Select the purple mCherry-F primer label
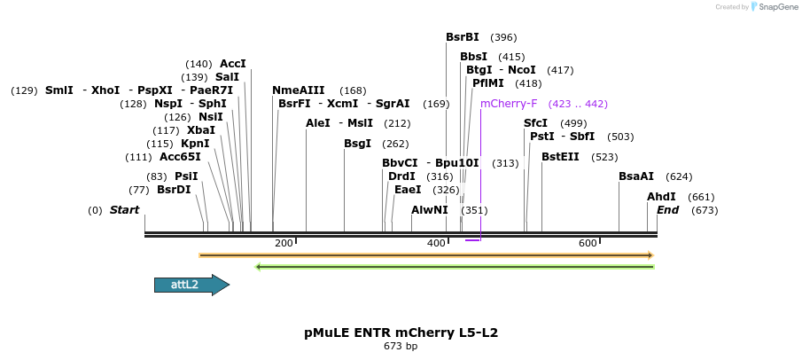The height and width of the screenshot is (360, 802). click(509, 104)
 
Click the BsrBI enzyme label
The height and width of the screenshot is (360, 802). click(462, 37)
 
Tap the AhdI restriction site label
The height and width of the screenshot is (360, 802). click(661, 197)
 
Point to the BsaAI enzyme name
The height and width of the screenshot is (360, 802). click(636, 176)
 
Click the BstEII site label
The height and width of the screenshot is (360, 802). click(560, 157)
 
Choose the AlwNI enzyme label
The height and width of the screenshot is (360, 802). click(430, 210)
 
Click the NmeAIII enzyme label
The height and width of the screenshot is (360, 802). click(299, 90)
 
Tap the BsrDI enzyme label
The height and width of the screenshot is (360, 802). click(174, 190)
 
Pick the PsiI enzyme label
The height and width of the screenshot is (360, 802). click(186, 176)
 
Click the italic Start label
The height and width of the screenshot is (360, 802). click(124, 210)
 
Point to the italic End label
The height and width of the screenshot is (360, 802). click(667, 210)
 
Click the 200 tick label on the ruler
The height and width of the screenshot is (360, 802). click(284, 243)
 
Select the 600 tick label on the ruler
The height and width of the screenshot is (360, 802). click(588, 243)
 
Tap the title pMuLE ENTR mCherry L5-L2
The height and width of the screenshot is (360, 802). click(401, 333)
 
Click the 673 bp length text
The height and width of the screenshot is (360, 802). click(401, 347)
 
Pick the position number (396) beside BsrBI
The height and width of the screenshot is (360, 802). click(503, 37)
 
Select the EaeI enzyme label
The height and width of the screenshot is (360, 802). click(408, 190)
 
